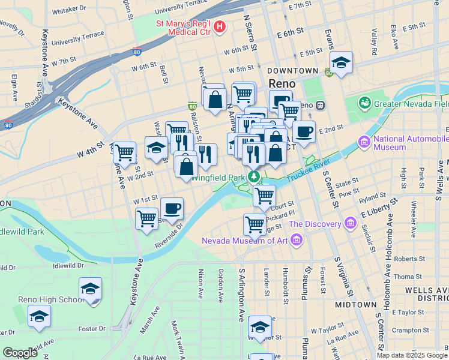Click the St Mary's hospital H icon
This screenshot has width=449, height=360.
tap(220, 26)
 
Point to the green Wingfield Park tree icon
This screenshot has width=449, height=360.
tap(255, 177)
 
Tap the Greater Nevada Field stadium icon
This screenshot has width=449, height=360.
tap(364, 103)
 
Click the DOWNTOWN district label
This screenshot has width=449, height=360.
tap(292, 71)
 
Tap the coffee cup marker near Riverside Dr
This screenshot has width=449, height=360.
tap(172, 208)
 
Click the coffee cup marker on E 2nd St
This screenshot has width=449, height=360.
tap(304, 131)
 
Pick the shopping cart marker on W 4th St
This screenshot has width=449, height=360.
tap(124, 152)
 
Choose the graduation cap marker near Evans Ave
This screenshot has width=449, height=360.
tap(341, 62)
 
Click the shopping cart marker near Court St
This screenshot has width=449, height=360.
tap(264, 195)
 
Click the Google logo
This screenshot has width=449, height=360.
tap(20, 353)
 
